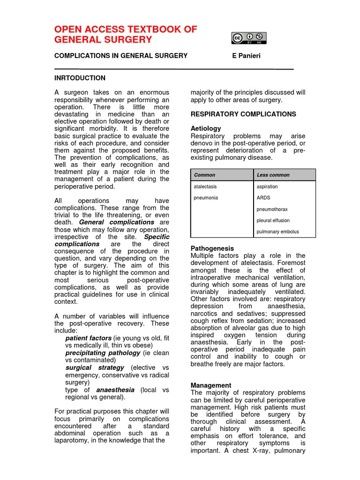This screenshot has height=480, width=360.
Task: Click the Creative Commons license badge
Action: [248, 38]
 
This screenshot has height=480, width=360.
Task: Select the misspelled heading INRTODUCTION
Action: [80, 78]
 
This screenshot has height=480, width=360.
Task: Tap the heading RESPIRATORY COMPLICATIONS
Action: [243, 114]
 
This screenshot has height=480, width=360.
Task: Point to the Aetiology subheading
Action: [206, 128]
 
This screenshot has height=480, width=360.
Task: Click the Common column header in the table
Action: [204, 175]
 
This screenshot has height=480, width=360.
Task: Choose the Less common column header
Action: [273, 175]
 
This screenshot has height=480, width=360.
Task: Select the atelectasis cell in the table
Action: [205, 187]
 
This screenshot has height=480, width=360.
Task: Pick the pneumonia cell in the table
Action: [206, 198]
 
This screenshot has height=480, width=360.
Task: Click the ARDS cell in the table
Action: [263, 198]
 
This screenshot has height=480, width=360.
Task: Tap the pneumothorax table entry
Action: [272, 209]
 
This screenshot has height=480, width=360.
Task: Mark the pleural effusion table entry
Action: [273, 220]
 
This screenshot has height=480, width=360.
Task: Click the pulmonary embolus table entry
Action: [277, 232]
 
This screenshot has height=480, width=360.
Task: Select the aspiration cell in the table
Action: [267, 187]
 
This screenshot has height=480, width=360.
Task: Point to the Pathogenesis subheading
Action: [212, 248]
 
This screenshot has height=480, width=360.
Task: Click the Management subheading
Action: [211, 385]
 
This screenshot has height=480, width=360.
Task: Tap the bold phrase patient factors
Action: [88, 338]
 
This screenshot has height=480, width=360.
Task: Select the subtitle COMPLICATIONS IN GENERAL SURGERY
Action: [121, 56]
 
